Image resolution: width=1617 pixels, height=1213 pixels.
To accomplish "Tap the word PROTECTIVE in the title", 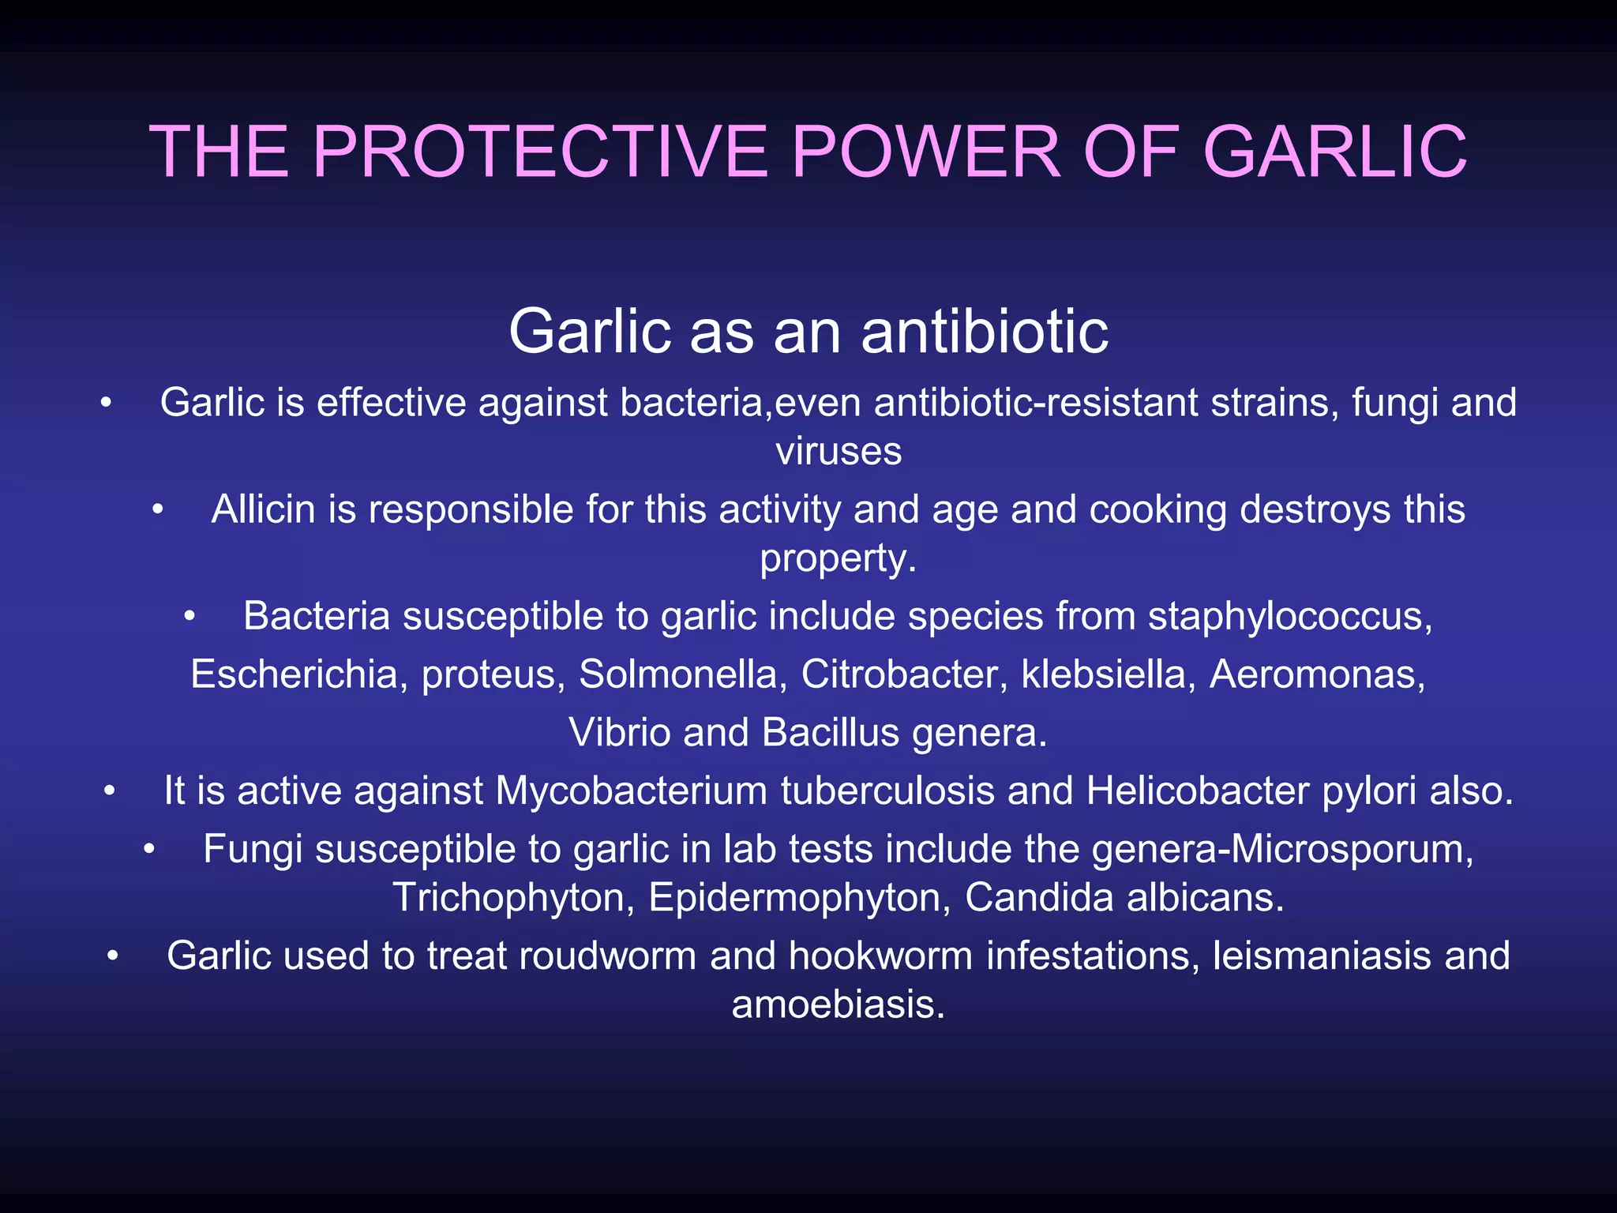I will [540, 152].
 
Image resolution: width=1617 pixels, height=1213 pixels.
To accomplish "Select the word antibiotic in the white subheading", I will [985, 332].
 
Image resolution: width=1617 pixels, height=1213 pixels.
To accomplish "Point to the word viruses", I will [838, 452].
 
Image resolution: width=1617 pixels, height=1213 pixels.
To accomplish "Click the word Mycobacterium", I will [631, 791].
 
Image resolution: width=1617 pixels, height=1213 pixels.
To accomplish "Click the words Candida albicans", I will [1124, 898].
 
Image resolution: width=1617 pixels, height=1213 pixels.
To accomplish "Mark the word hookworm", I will [880, 956].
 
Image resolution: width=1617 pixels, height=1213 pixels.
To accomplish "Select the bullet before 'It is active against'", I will [110, 791].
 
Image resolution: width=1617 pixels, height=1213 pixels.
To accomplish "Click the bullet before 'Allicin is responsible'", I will [158, 510].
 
